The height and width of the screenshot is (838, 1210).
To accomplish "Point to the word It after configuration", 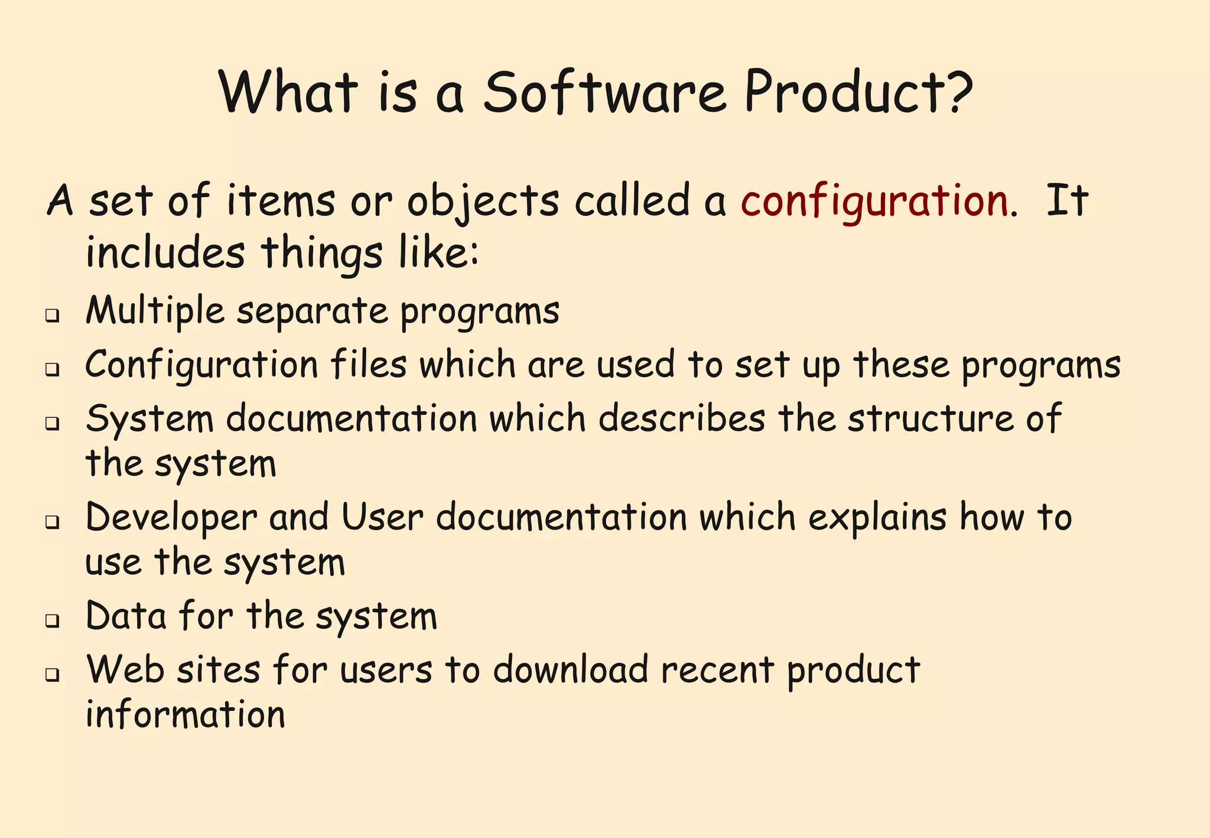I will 1067,201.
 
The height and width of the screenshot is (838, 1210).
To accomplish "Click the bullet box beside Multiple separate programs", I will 53,316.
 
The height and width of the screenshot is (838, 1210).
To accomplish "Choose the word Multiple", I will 155,311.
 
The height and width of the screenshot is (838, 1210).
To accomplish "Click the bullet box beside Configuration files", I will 53,370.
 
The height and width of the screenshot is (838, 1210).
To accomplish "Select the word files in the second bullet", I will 368,364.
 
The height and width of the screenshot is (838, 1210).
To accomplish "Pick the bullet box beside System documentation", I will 53,423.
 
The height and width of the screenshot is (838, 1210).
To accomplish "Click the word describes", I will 681,418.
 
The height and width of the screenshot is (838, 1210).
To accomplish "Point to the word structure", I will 930,418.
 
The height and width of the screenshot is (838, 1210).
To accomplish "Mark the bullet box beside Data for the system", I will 53,621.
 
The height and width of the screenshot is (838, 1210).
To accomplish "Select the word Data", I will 126,616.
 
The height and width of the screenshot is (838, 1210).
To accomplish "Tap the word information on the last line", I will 186,714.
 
